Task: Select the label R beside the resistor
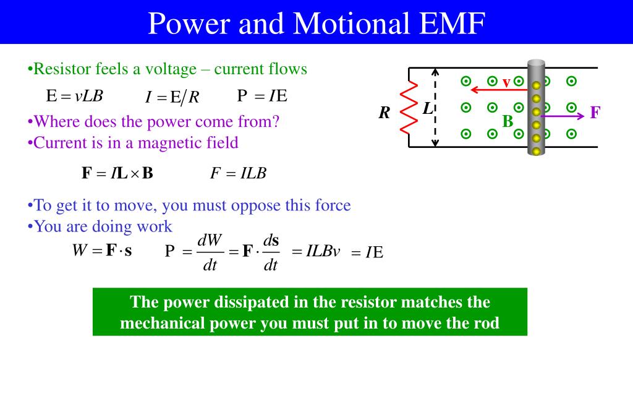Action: tap(385, 113)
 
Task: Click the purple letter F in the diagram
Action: tap(595, 113)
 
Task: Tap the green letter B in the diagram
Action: tap(508, 121)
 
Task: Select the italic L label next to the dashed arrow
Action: tap(427, 108)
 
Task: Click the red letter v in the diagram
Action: tap(506, 82)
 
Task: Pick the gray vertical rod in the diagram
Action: tap(536, 108)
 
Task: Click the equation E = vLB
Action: tap(74, 96)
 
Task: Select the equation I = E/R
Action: tap(172, 97)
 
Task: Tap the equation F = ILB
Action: tap(238, 173)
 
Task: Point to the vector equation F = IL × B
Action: tap(117, 173)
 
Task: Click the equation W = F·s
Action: tap(102, 251)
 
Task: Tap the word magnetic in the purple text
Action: tap(166, 143)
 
